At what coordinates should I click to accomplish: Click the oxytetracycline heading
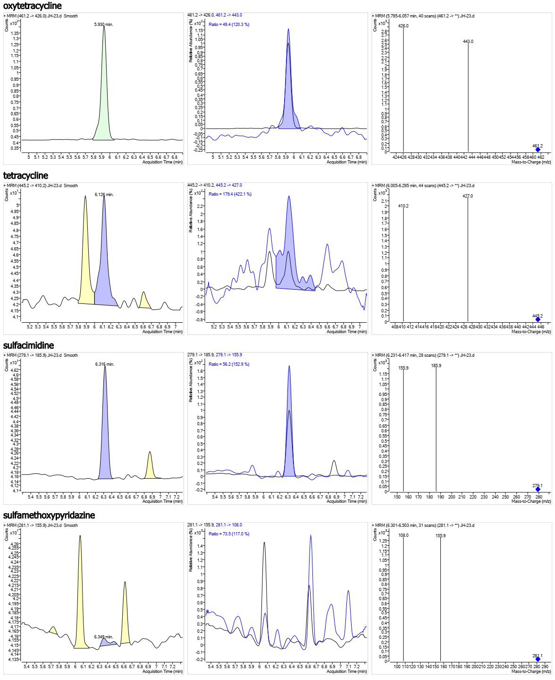tap(32, 6)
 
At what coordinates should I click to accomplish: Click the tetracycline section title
tap(25, 176)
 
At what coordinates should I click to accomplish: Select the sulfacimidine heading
tap(28, 345)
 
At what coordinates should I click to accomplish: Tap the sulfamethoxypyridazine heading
tap(49, 515)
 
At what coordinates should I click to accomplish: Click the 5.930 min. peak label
tap(104, 24)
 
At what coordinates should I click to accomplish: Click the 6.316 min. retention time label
tap(105, 364)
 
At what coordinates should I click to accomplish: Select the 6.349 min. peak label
tap(103, 637)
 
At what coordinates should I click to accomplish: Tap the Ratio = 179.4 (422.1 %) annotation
tap(230, 194)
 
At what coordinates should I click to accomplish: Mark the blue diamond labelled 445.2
tap(538, 320)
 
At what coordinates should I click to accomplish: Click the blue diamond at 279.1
tap(538, 490)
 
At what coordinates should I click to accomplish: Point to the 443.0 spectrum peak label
tap(468, 42)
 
